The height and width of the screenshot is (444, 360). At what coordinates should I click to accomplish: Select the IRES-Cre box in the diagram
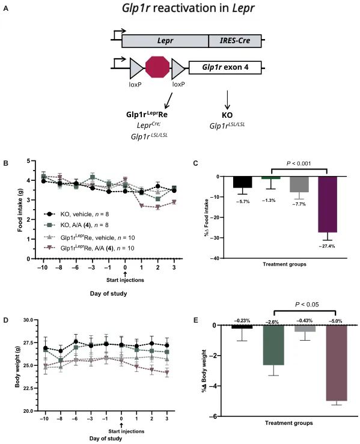(234, 41)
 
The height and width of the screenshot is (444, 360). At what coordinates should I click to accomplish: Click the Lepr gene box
(165, 41)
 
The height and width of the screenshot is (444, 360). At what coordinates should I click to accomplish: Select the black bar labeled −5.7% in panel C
(243, 182)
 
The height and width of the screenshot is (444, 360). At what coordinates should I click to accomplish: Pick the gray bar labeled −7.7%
(299, 184)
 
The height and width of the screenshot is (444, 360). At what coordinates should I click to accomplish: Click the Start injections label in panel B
(126, 278)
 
